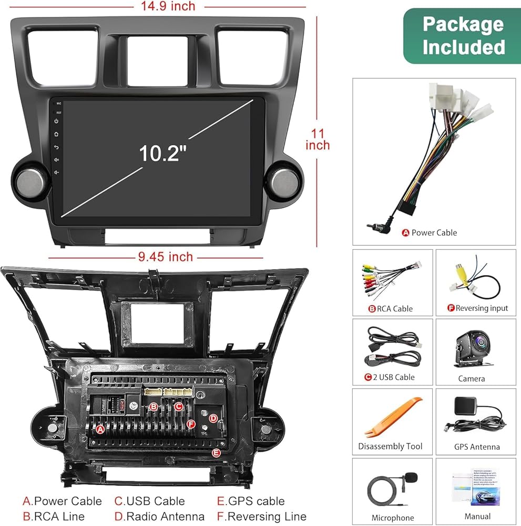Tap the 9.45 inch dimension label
(166, 257)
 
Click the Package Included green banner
(463, 36)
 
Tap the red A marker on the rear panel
(100, 429)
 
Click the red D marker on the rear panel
(213, 419)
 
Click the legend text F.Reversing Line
(261, 517)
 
